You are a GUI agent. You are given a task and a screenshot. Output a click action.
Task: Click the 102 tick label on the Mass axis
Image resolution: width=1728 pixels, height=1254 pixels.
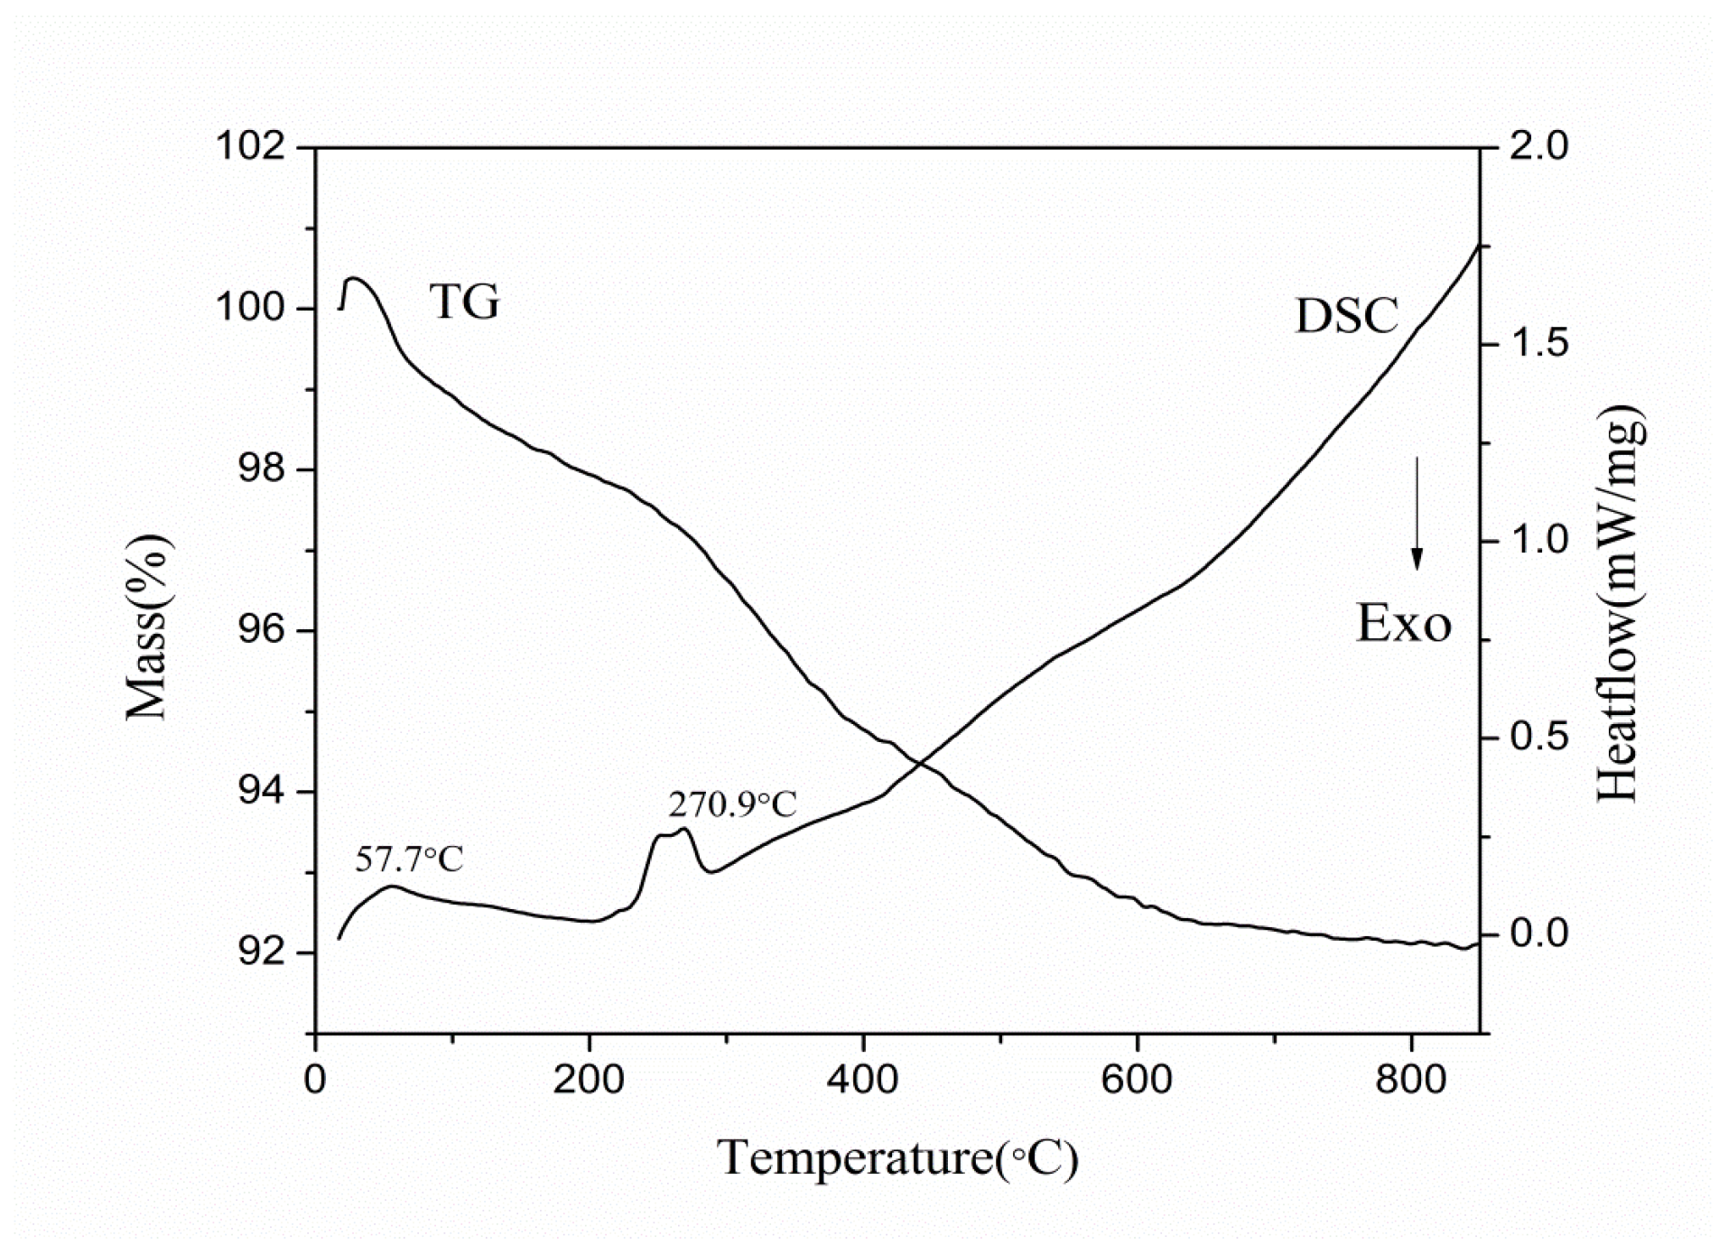[249, 146]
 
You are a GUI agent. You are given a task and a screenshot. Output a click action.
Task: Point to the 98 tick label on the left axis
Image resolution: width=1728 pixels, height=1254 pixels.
[260, 469]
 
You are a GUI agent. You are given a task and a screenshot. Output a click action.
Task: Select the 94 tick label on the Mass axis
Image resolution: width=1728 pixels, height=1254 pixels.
[260, 792]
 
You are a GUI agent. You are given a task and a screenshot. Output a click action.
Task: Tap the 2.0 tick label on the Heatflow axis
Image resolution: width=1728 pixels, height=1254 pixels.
[1538, 146]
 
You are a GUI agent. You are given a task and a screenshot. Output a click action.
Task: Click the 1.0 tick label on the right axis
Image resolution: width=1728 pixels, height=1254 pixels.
[1538, 540]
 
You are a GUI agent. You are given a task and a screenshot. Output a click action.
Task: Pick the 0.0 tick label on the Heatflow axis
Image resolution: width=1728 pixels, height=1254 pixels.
[1538, 934]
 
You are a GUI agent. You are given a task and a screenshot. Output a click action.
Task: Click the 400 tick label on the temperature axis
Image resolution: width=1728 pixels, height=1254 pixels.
[862, 1080]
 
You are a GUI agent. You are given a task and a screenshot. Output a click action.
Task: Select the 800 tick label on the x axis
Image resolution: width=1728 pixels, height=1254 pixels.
[1410, 1080]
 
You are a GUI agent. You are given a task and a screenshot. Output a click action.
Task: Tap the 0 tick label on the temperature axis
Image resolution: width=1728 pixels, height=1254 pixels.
[315, 1080]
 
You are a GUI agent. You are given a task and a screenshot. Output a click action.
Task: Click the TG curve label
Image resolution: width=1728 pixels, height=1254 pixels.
[464, 302]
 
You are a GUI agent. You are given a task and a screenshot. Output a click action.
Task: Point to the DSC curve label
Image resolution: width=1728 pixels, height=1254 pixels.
[1346, 316]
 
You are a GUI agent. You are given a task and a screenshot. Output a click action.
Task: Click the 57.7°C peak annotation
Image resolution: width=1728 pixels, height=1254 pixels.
[409, 859]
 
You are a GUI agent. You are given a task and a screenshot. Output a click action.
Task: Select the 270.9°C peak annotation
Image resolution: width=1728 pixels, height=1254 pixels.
[732, 804]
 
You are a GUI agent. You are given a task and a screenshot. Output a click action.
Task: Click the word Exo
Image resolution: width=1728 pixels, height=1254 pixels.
[1403, 624]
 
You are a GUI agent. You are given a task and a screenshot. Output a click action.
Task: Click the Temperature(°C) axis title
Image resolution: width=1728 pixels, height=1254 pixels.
[897, 1158]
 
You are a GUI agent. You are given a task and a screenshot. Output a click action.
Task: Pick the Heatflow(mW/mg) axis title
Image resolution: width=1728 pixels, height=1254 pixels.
[1619, 603]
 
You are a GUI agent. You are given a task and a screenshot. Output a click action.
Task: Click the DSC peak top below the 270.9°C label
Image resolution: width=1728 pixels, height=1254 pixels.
[684, 829]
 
